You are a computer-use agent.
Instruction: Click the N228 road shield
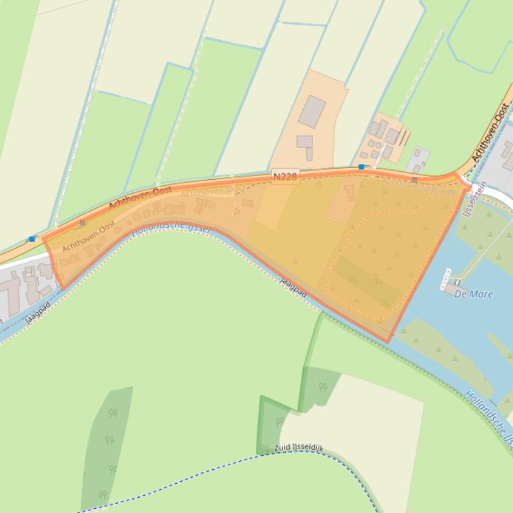coord(285,176)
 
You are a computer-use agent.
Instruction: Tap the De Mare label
coord(474,294)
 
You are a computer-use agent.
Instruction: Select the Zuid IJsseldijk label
coord(298,448)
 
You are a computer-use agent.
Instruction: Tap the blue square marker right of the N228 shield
coord(362,167)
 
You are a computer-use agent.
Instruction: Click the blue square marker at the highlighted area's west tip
coord(32,239)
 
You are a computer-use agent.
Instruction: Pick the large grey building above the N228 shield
coord(311,111)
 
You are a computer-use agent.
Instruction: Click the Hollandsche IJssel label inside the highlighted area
coord(171,228)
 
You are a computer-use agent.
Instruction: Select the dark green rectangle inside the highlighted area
coord(366,280)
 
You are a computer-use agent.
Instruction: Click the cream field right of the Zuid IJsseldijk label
coord(373,426)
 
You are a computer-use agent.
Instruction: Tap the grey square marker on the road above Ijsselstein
coord(414,180)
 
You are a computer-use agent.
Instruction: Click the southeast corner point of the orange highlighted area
coord(388,342)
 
